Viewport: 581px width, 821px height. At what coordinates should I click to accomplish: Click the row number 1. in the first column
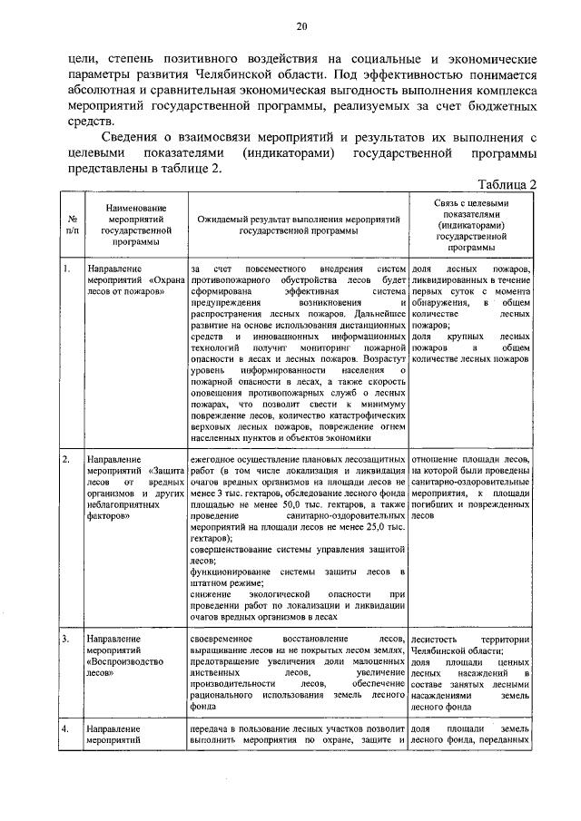click(x=67, y=269)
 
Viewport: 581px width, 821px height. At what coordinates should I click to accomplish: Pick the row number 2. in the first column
click(x=67, y=460)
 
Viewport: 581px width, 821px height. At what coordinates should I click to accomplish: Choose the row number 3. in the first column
click(x=67, y=639)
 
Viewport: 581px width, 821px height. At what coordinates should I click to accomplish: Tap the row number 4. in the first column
click(x=67, y=728)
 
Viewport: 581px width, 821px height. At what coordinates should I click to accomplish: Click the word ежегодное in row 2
click(x=218, y=460)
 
